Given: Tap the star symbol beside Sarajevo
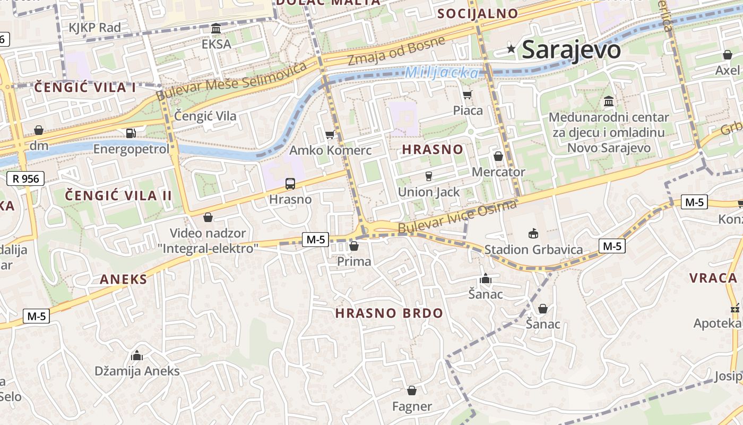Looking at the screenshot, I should point(511,49).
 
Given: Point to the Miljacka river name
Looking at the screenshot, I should point(442,73).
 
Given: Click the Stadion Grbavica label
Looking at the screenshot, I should point(533,250).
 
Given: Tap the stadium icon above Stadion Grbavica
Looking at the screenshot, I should point(533,233).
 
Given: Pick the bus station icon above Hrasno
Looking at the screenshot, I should point(290,184).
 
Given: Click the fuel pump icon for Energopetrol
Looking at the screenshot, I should point(131,133).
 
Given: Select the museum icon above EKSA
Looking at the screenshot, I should point(216,28).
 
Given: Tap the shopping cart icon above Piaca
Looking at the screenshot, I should point(468,95).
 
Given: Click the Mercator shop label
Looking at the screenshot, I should point(498,172).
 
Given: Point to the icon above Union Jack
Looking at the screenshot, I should point(429,176).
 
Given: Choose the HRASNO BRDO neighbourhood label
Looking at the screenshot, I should point(389,313).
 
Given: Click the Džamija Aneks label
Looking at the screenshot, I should point(137,371).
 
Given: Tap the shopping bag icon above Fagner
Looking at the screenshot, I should point(412,390).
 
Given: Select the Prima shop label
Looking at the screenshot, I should point(354,261).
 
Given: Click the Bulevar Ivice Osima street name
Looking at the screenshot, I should point(457,217).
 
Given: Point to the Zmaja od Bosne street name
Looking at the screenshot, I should point(396,51).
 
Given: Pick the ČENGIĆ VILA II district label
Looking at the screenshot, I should point(118,195).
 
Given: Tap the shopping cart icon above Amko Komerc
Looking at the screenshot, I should point(330,134).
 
